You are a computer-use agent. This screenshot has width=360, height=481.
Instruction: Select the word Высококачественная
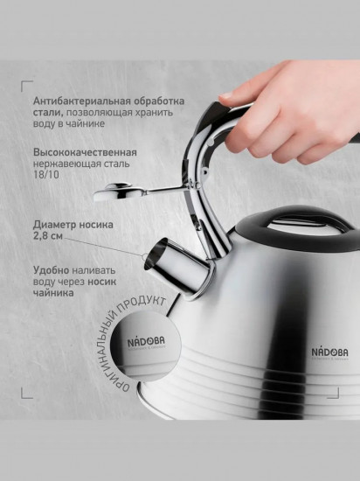[85, 152]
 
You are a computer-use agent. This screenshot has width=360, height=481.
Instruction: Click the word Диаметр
[54, 225]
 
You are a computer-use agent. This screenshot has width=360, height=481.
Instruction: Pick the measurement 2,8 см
[48, 236]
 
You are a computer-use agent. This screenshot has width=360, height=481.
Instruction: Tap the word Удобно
[52, 270]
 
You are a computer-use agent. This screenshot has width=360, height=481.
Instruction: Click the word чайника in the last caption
[53, 293]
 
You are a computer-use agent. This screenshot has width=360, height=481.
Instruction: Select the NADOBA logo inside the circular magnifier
[146, 342]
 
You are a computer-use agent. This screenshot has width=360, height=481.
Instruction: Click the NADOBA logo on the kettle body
[330, 352]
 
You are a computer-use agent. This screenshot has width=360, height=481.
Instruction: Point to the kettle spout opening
[156, 254]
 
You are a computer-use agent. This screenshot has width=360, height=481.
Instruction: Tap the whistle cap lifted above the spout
[117, 192]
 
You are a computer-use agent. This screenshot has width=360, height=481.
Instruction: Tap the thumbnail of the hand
[226, 95]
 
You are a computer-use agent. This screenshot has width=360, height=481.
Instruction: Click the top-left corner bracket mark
[27, 87]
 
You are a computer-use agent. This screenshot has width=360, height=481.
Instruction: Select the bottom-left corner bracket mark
[27, 393]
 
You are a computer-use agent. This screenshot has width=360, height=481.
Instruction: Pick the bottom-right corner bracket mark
[333, 393]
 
